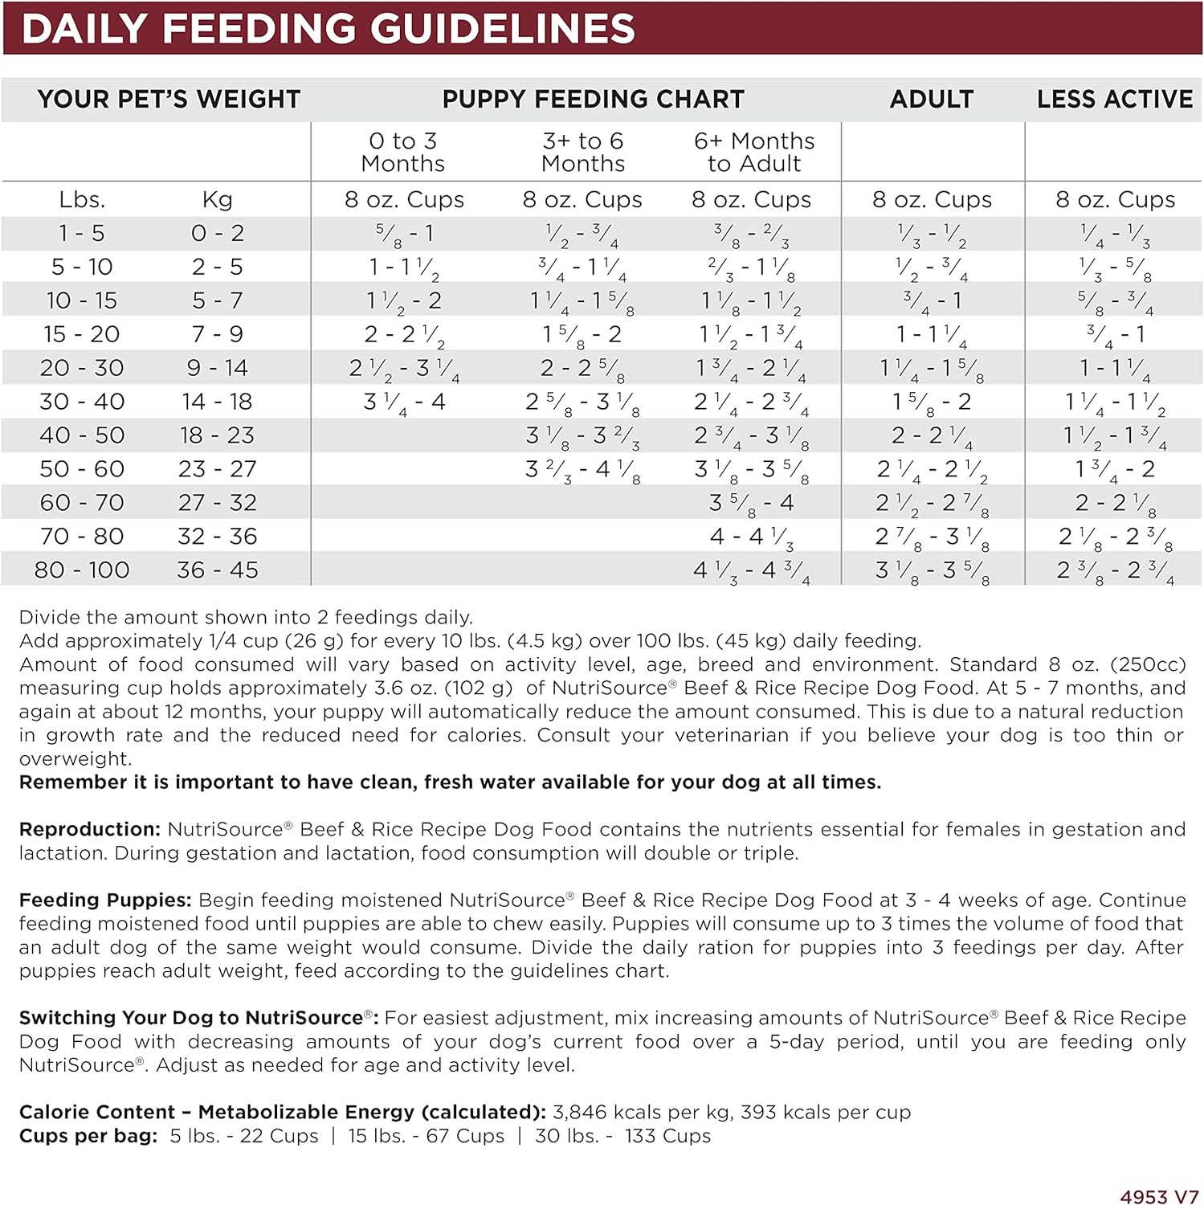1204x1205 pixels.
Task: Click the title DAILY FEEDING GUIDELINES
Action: [328, 29]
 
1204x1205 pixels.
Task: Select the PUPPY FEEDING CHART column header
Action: [593, 99]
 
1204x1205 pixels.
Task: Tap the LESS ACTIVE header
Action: [1114, 99]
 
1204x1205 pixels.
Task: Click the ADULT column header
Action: [931, 99]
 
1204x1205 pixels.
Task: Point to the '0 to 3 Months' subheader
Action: [402, 152]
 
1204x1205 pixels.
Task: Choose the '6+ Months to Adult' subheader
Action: [753, 152]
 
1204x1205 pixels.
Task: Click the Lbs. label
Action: [82, 199]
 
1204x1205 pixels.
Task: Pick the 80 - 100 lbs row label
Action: [82, 570]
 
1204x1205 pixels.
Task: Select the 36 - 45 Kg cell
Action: [218, 570]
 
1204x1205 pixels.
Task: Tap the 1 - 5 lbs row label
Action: [82, 233]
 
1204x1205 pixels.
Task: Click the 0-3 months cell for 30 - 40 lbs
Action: [404, 402]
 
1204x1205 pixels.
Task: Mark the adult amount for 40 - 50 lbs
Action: [932, 435]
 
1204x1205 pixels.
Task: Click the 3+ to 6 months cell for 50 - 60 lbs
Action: [582, 469]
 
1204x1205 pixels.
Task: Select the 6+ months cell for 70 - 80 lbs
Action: [752, 537]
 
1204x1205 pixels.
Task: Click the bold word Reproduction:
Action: [90, 829]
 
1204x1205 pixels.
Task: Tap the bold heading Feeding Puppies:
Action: [105, 900]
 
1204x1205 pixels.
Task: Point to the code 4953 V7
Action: [1159, 1197]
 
